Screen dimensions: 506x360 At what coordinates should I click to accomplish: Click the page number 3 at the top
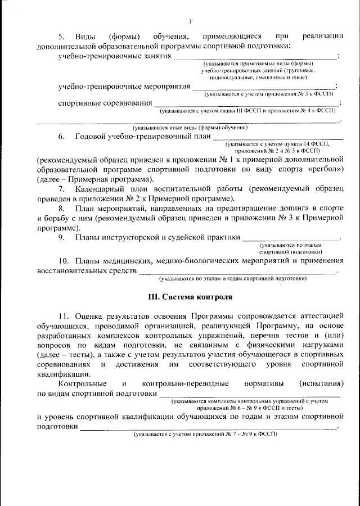coord(190,22)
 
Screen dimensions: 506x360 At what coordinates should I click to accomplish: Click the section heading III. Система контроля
coord(190,296)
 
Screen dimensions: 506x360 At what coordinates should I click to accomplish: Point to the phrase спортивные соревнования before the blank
coord(105,103)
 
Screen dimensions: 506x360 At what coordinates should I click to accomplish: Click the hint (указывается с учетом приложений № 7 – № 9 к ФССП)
coord(205,435)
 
